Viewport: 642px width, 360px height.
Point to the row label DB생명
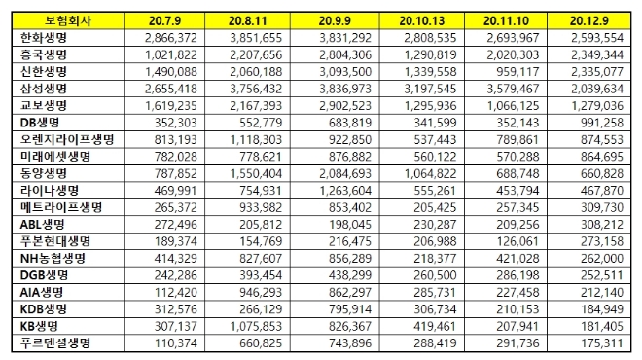point(37,122)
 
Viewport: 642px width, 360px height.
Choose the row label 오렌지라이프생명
point(58,139)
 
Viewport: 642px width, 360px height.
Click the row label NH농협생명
point(51,258)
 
